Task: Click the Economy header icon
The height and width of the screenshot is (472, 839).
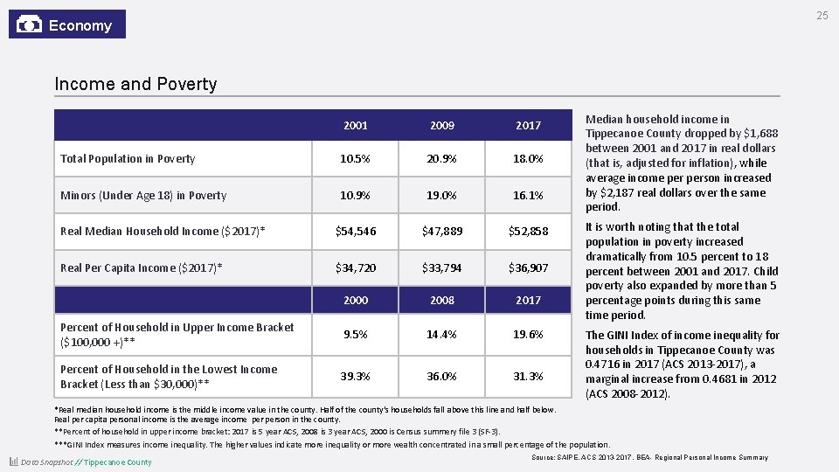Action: [x=29, y=24]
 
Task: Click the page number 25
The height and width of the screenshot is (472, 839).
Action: [x=822, y=16]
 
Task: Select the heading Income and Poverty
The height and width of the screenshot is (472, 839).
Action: [x=135, y=84]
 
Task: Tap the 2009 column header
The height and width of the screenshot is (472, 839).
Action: [x=442, y=126]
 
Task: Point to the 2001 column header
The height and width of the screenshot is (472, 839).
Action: [x=356, y=126]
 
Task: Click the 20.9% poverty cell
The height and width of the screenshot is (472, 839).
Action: [x=442, y=159]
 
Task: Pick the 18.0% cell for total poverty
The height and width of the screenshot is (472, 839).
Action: [x=529, y=159]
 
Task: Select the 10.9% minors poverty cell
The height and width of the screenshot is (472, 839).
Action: [x=356, y=196]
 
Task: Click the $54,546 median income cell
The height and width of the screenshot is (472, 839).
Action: [x=356, y=232]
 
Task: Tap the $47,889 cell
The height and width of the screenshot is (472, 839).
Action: [x=442, y=232]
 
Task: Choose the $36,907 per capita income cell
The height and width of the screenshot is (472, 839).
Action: [x=529, y=268]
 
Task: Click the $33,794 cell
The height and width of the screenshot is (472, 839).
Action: [x=442, y=268]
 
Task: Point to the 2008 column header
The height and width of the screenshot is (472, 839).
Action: [x=442, y=301]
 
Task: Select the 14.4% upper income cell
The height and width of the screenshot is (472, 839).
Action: [x=442, y=335]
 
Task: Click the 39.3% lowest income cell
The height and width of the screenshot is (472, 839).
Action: [x=356, y=377]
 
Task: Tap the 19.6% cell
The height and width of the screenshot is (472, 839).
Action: [x=529, y=335]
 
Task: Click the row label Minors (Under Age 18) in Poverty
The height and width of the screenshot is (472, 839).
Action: [x=143, y=196]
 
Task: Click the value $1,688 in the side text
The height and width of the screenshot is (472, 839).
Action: [x=760, y=134]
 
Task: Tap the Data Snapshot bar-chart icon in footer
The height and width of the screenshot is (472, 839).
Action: [x=13, y=462]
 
